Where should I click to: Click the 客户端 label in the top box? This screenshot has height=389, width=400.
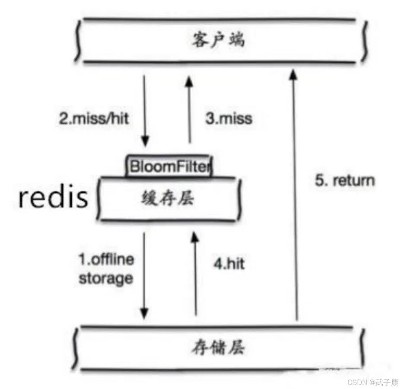[219, 40]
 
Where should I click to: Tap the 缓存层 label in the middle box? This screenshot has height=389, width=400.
[168, 198]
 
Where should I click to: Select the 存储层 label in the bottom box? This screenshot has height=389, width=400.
[219, 348]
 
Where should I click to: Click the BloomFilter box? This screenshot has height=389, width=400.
[169, 166]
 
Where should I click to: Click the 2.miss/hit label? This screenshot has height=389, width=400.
[94, 119]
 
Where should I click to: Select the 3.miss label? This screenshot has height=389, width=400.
[229, 119]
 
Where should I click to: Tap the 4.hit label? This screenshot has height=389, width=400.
[229, 264]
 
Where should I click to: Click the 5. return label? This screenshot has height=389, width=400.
[345, 181]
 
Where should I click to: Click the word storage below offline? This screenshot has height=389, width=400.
[106, 278]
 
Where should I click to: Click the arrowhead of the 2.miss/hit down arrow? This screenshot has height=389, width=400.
[145, 141]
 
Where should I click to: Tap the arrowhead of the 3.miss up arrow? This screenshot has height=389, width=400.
[189, 82]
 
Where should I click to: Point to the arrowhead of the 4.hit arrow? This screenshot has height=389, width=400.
[195, 237]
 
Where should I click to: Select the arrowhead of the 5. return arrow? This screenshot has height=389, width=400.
[294, 74]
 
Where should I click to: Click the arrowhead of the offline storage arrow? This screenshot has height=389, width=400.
[144, 314]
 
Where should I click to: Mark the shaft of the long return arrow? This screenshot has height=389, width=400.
[295, 194]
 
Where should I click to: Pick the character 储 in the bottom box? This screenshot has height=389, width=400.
[219, 348]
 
